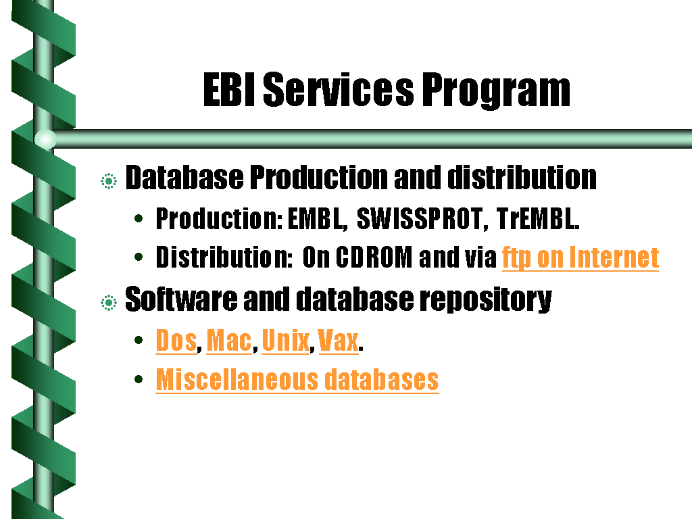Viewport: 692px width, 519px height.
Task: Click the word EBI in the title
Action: (229, 90)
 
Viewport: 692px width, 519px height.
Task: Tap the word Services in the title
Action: (339, 90)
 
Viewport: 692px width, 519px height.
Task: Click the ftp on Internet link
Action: (580, 257)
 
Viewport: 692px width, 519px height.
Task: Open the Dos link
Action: (176, 341)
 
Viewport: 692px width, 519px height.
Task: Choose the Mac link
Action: (229, 341)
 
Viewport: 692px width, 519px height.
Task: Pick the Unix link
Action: (286, 341)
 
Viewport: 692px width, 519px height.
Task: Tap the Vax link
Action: (338, 341)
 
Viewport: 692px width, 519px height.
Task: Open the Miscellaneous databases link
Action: (297, 380)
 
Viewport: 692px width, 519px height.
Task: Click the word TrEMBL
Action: (537, 218)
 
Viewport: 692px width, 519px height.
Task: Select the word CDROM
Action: (374, 257)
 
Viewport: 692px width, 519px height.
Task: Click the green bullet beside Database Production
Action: (109, 181)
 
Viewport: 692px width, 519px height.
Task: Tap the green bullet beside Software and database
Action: (109, 303)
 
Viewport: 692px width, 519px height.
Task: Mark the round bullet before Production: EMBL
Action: (139, 218)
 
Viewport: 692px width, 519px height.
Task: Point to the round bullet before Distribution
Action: (139, 257)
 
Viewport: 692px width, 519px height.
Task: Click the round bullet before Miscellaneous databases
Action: (139, 379)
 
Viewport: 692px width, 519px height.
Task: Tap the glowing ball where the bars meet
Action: (45, 139)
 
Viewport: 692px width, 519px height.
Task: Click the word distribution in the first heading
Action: (522, 178)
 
